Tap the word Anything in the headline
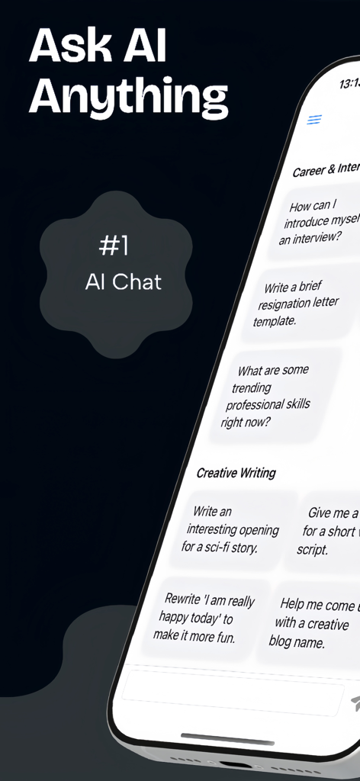(128, 98)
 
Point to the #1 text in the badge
(114, 246)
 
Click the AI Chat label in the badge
(124, 282)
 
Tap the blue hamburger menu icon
(314, 120)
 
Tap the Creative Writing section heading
(236, 473)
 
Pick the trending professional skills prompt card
(275, 396)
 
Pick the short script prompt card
(328, 531)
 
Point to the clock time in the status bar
(349, 82)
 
